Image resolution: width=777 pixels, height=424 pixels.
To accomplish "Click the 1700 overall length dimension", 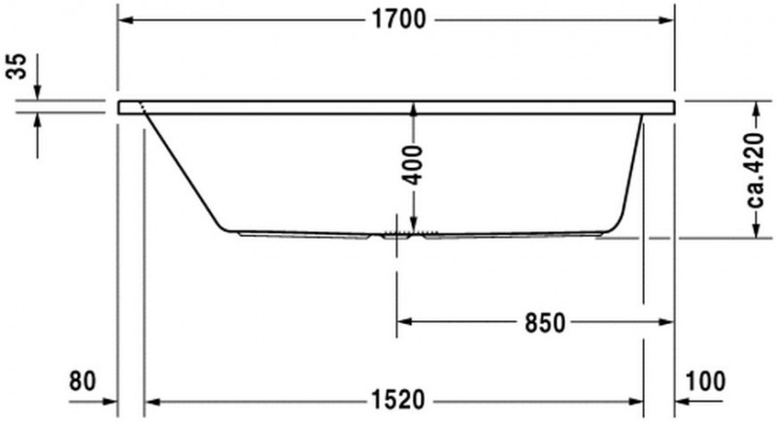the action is click(x=398, y=19).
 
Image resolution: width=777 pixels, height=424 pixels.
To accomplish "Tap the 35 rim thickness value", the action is click(x=17, y=66).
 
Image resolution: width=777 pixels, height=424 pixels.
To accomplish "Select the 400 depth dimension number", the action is click(x=413, y=165).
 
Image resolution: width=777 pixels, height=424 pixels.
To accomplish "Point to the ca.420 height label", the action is click(x=758, y=170).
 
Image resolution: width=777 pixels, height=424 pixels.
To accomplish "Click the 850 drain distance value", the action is click(x=545, y=323).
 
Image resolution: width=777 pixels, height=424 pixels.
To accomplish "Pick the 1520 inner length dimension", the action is click(x=398, y=400).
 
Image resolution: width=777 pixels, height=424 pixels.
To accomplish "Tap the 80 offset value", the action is click(x=83, y=381).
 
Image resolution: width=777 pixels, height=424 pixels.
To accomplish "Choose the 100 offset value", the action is click(x=705, y=381).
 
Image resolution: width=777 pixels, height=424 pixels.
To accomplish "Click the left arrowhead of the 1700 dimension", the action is click(x=126, y=20).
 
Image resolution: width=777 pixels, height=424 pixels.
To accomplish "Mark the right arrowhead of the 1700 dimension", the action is click(x=666, y=20).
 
